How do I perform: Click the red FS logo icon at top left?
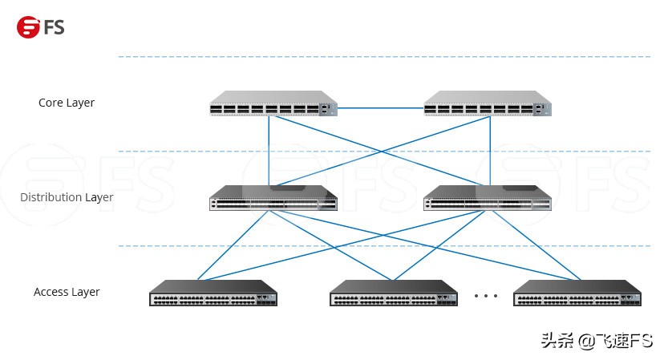(x=28, y=27)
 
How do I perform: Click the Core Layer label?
(x=67, y=103)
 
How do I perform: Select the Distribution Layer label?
(x=67, y=197)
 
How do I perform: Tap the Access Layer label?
(x=67, y=292)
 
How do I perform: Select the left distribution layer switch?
(x=273, y=198)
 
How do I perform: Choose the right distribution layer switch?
(x=487, y=198)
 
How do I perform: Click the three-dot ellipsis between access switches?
(x=486, y=296)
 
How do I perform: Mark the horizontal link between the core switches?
(x=381, y=106)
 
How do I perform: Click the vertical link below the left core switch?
(x=269, y=148)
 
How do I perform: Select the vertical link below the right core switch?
(x=488, y=148)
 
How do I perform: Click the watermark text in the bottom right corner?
(x=597, y=341)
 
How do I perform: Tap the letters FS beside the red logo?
(x=55, y=27)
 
